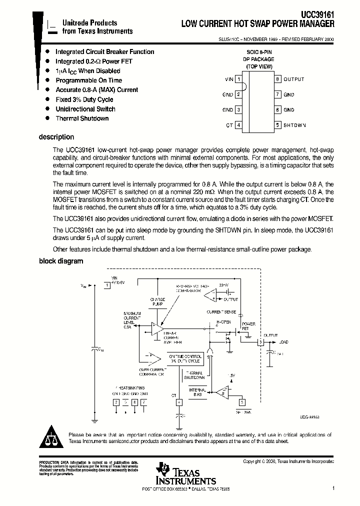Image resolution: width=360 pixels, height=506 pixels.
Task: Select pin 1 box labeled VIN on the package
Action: [239, 79]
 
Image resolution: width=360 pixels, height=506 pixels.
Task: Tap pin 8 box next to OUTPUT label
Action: [277, 79]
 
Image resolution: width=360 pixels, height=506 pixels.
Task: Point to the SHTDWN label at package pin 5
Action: [294, 125]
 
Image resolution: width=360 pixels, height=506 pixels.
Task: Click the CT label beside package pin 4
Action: [229, 125]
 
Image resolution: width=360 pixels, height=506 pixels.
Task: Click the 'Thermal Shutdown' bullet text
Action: [82, 118]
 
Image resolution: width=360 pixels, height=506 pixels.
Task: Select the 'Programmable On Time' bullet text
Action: [88, 80]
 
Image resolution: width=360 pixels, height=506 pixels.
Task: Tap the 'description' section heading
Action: [56, 137]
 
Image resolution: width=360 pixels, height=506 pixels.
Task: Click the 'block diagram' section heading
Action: [61, 261]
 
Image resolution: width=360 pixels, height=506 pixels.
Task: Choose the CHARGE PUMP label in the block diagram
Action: [157, 301]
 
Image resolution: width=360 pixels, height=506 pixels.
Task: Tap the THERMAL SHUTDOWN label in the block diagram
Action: [194, 376]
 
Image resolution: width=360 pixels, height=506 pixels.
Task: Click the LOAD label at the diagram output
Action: [283, 342]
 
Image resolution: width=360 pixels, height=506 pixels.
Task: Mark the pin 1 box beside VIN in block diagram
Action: [106, 285]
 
